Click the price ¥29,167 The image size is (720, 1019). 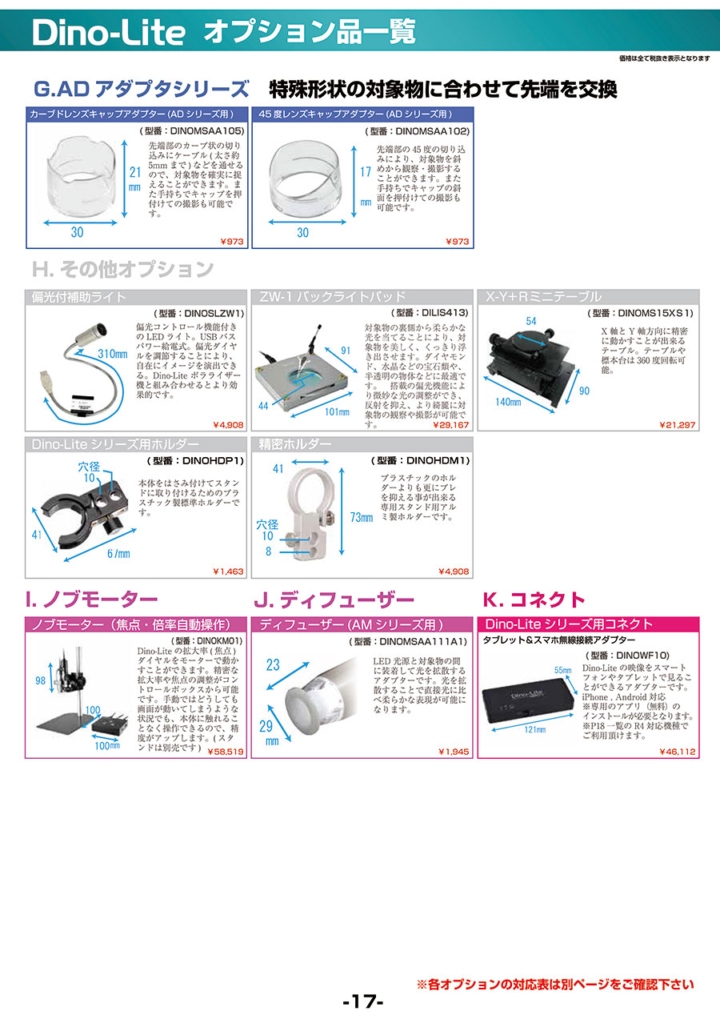[x=450, y=425]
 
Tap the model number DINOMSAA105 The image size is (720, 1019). [x=207, y=131]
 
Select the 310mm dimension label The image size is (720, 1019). [x=112, y=354]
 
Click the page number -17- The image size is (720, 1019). [x=363, y=1002]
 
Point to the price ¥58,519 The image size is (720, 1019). [x=226, y=752]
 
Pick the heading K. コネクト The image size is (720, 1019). [x=534, y=600]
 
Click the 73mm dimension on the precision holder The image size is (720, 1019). [x=362, y=517]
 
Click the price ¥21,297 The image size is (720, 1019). [x=678, y=425]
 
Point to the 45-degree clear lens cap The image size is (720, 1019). [x=305, y=179]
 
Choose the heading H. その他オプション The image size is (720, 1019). [x=122, y=269]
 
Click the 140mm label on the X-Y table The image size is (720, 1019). [x=508, y=402]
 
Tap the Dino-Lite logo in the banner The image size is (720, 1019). [x=109, y=32]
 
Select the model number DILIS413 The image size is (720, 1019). [x=445, y=313]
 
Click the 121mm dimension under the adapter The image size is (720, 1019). [x=534, y=730]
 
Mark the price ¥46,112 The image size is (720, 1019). [x=678, y=752]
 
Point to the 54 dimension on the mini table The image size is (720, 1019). [x=531, y=321]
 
